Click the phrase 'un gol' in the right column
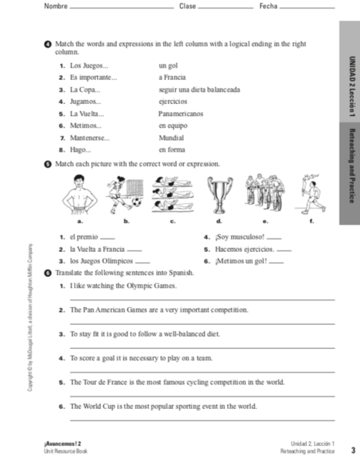click(168, 66)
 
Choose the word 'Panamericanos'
click(180, 113)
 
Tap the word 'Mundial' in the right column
click(172, 138)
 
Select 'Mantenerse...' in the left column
click(90, 138)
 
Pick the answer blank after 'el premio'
click(108, 239)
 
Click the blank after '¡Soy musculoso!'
click(274, 238)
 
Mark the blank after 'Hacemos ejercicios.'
click(284, 251)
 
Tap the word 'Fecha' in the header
click(268, 6)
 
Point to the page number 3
click(352, 450)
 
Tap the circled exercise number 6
click(48, 273)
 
